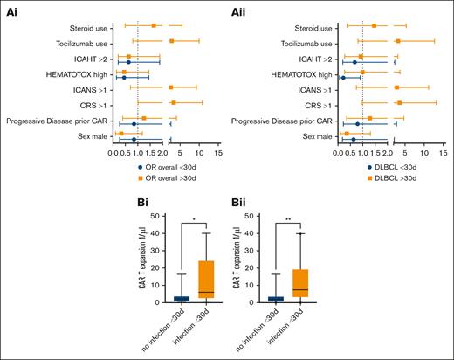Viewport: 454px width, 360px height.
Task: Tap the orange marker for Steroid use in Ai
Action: point(155,25)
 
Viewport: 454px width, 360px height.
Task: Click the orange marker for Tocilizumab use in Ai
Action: point(171,41)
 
